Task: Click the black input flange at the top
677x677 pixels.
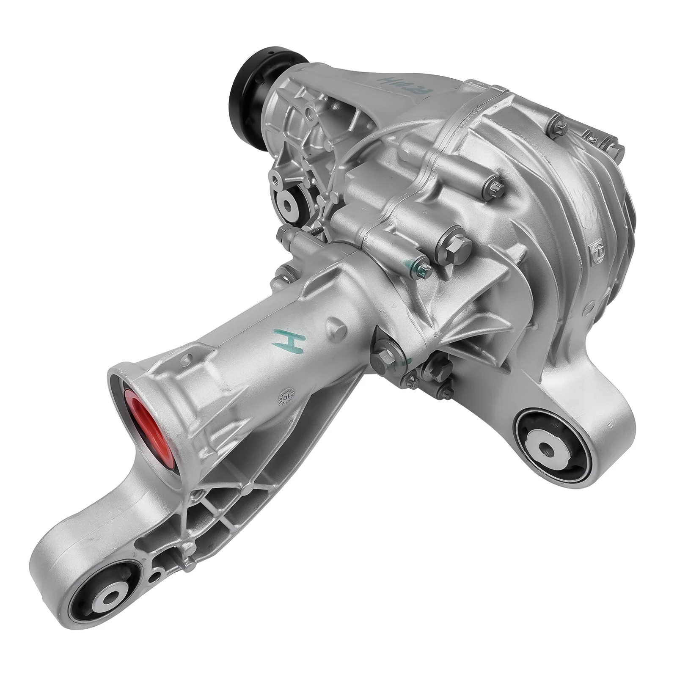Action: click(x=249, y=87)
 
